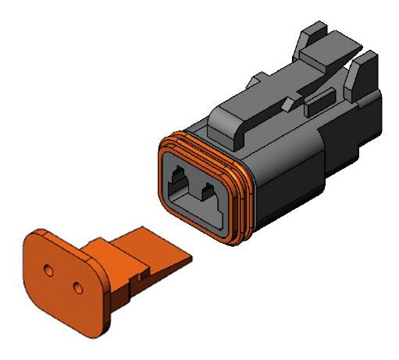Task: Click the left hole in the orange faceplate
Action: point(48,269)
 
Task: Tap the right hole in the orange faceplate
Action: point(77,287)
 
